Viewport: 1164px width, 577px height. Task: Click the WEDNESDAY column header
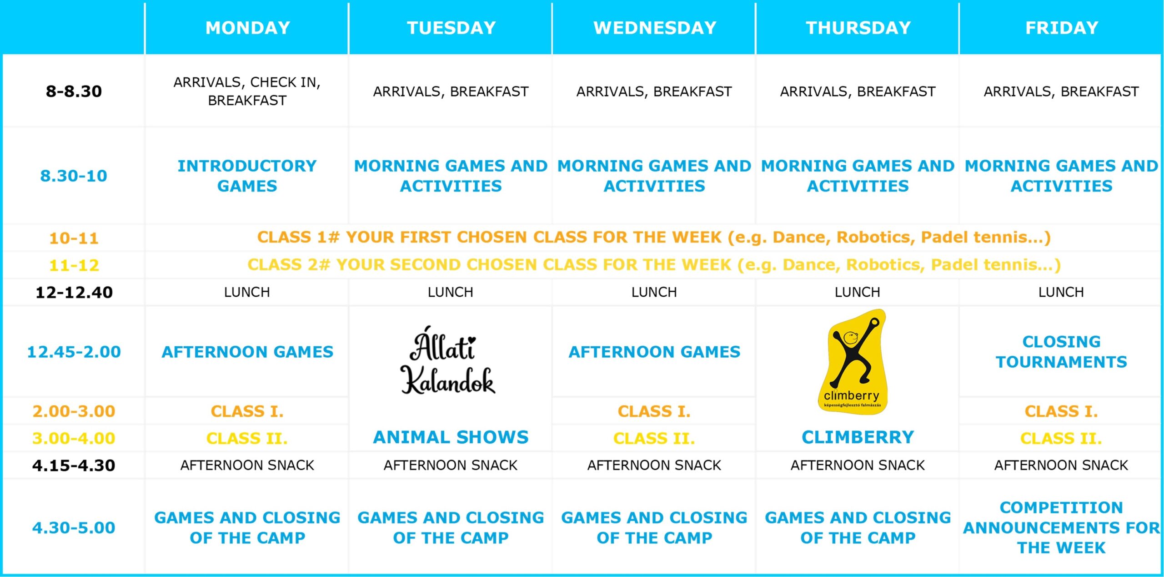pos(655,28)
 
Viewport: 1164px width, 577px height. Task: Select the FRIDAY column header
pos(1062,28)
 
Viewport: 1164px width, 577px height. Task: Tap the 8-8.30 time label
pos(74,91)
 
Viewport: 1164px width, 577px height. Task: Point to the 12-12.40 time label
pos(74,292)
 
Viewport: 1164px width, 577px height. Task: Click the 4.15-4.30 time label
pos(74,466)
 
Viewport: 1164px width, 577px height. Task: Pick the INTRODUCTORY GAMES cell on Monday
pos(247,176)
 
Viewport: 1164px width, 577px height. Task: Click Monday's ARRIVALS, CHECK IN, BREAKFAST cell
pos(247,91)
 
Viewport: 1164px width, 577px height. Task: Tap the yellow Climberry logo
pos(853,362)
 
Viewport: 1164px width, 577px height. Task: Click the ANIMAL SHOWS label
pos(451,437)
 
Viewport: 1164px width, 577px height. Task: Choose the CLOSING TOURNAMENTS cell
pos(1061,352)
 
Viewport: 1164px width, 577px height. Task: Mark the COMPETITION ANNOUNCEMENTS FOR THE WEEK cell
pos(1061,528)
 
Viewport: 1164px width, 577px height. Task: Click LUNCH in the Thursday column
pos(858,292)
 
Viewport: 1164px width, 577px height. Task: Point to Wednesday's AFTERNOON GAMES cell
pos(654,352)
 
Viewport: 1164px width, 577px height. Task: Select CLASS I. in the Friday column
pos(1061,411)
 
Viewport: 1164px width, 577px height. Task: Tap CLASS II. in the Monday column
pos(247,439)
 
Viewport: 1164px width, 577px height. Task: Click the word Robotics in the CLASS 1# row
pos(875,237)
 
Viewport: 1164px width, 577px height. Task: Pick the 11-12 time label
pos(74,265)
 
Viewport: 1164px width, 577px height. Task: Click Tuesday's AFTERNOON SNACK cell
pos(451,466)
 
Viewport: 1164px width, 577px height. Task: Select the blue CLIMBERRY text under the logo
pos(858,437)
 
